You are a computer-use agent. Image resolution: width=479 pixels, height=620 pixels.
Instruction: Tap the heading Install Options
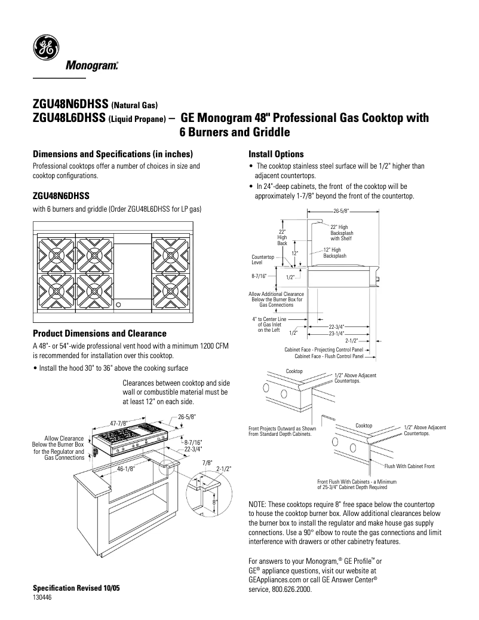tap(276, 154)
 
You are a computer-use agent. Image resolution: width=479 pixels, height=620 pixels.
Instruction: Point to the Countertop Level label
tap(262, 259)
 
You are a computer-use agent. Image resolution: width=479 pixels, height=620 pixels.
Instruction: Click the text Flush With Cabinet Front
tap(409, 466)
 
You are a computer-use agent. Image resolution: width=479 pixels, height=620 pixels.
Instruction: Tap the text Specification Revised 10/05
tap(76, 588)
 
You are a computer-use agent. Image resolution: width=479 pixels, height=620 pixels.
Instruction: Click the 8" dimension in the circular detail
tap(214, 503)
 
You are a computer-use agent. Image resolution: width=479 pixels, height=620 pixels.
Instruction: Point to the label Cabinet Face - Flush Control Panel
tap(328, 356)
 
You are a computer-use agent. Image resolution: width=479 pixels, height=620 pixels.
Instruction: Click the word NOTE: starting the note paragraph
tap(259, 505)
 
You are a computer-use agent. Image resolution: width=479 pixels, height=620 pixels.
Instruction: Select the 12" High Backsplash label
tap(332, 252)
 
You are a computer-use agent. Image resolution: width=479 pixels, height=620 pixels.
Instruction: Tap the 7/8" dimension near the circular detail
tap(207, 462)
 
